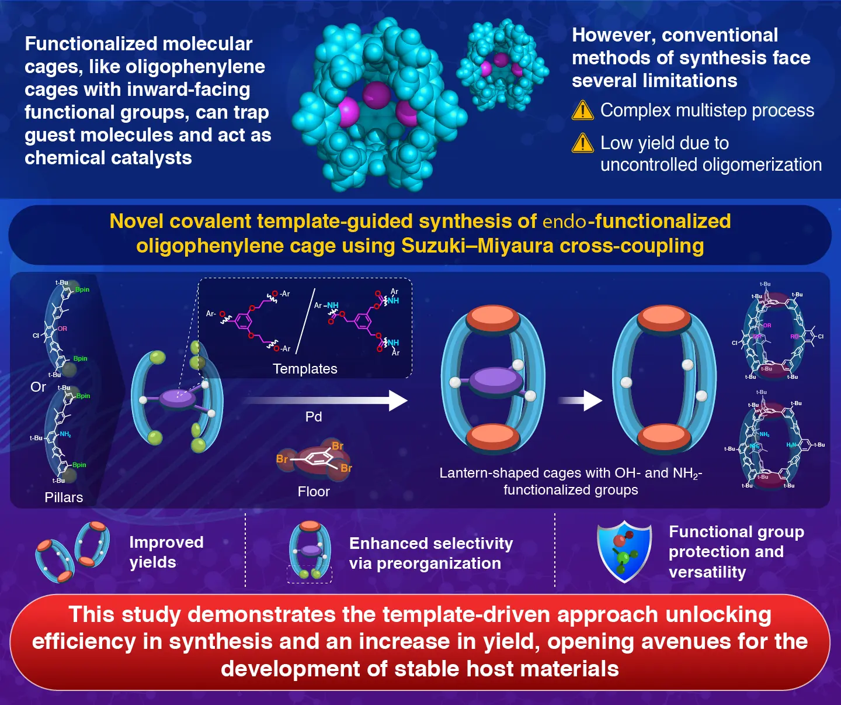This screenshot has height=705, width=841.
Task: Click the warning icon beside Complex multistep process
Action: (582, 110)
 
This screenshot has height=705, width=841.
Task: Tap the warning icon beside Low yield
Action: (582, 143)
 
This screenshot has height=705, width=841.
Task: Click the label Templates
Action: (305, 369)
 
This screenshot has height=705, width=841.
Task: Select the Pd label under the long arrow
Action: (314, 417)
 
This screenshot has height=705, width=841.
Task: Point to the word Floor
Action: (314, 492)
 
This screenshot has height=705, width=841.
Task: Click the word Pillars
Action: (64, 497)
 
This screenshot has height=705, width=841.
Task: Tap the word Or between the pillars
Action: (38, 387)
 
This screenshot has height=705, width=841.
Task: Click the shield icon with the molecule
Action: (624, 551)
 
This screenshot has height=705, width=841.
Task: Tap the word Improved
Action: (166, 542)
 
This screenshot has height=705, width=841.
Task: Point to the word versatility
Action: (707, 572)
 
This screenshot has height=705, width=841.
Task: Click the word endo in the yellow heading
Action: (564, 222)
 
